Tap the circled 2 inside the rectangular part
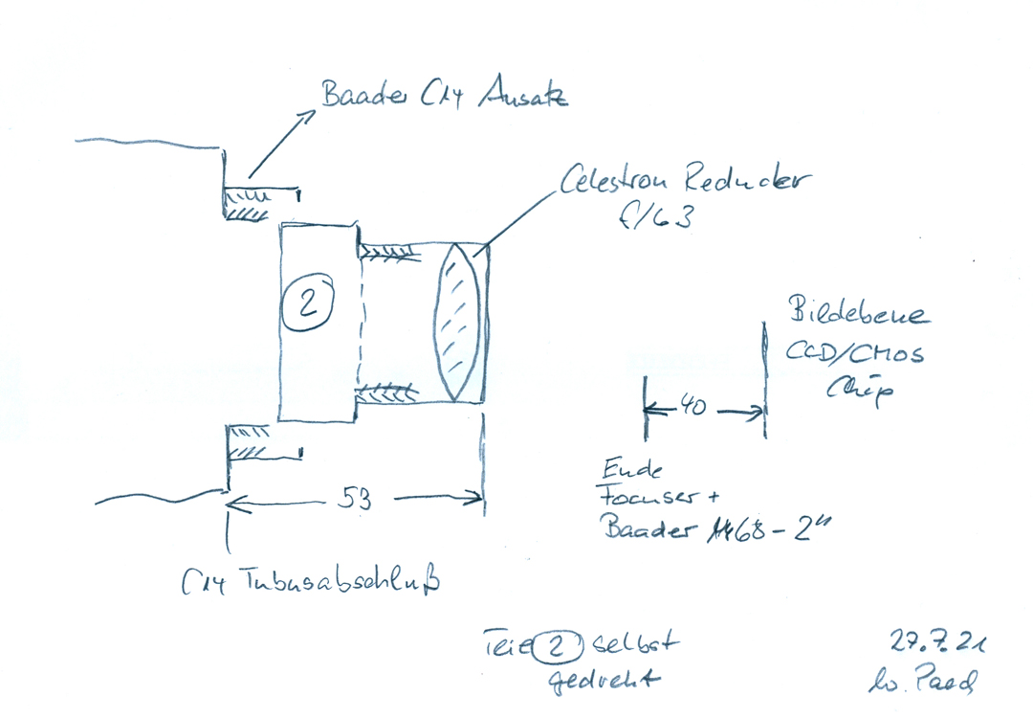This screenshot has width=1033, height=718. point(308,304)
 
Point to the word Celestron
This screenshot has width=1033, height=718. point(619,178)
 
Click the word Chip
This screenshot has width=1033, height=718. point(852,391)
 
